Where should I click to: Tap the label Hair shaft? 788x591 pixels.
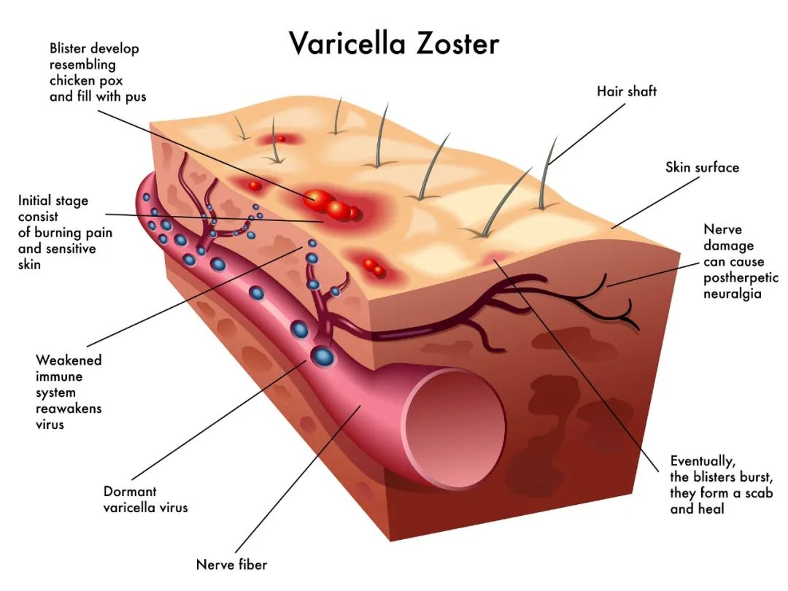[627, 91]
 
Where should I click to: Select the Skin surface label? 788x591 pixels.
[702, 167]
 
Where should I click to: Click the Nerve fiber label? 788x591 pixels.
[231, 564]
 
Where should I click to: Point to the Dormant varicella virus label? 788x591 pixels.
[145, 499]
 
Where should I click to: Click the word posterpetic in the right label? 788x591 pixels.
[741, 278]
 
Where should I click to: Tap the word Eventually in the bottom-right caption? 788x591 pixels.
[702, 461]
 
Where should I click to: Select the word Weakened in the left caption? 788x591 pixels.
[69, 360]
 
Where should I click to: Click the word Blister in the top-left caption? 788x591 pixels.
[69, 49]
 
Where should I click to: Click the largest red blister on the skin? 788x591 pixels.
[318, 198]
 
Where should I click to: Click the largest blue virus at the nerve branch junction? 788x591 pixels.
[322, 357]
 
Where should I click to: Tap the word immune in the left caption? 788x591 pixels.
[59, 376]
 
